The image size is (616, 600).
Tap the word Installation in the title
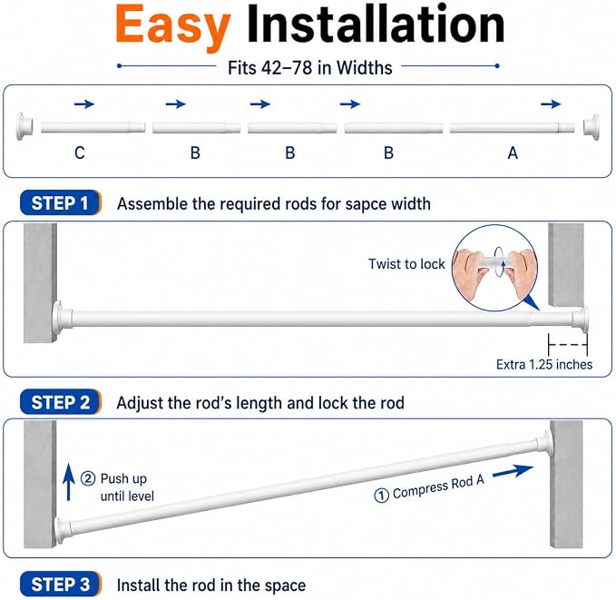pyautogui.click(x=376, y=24)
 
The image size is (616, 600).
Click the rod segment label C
pyautogui.click(x=80, y=152)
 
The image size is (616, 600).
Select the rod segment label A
pyautogui.click(x=513, y=152)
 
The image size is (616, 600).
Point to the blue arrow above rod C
pyautogui.click(x=84, y=104)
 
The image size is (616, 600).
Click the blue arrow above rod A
pyautogui.click(x=551, y=104)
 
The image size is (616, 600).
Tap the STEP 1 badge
pyautogui.click(x=61, y=203)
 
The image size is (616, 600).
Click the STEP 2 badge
pyautogui.click(x=61, y=402)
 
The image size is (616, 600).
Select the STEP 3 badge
pyautogui.click(x=61, y=585)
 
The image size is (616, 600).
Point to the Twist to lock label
pyautogui.click(x=406, y=264)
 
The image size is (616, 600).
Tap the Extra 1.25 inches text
pyautogui.click(x=544, y=365)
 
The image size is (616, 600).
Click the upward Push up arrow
pyautogui.click(x=69, y=482)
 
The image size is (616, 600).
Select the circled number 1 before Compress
pyautogui.click(x=381, y=496)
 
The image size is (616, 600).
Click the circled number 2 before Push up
pyautogui.click(x=88, y=478)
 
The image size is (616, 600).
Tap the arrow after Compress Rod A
pyautogui.click(x=513, y=471)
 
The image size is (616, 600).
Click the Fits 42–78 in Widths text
pyautogui.click(x=310, y=68)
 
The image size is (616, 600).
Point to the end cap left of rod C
pyautogui.click(x=24, y=126)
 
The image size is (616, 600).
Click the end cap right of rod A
pyautogui.click(x=592, y=127)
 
